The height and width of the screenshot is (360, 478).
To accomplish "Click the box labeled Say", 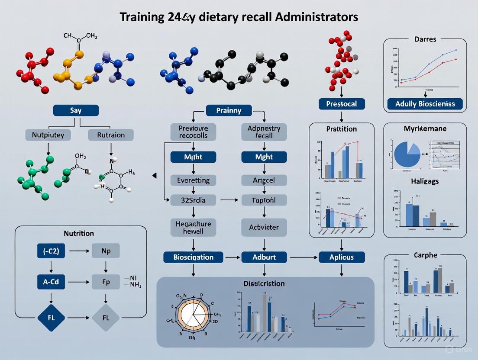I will (x=76, y=110).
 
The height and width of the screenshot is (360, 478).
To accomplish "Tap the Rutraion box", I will (x=111, y=135).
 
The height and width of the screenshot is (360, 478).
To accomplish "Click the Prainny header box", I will (x=228, y=110).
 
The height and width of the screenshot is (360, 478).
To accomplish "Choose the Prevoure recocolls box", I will (x=193, y=132).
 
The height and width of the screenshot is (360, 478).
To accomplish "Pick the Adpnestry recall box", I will (x=264, y=132).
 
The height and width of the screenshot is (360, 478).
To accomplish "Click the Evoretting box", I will (x=193, y=180).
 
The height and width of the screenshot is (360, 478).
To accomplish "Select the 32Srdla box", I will (x=193, y=200).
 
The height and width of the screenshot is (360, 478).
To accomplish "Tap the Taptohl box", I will (x=264, y=200).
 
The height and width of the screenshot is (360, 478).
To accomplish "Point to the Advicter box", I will (x=264, y=227).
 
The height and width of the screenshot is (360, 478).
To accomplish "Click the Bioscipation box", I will (x=193, y=257).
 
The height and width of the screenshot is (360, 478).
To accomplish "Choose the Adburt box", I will (x=264, y=257).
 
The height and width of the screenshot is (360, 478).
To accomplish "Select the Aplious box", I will (x=342, y=257).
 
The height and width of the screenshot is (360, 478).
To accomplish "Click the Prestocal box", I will (x=342, y=104).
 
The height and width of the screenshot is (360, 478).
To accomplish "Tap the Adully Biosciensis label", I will (x=425, y=104).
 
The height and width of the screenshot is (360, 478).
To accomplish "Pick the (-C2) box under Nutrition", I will (x=51, y=251).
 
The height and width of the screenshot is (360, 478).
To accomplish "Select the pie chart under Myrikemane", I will (x=407, y=154).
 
